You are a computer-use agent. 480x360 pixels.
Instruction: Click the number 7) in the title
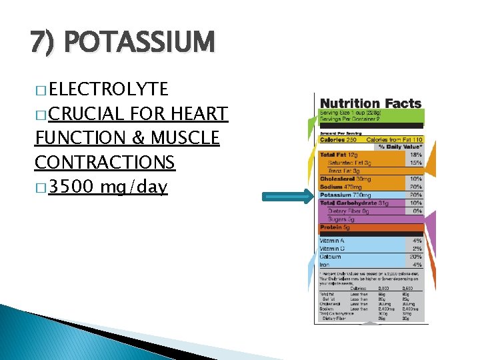coord(44,42)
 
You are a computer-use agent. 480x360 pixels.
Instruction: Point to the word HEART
coord(200,114)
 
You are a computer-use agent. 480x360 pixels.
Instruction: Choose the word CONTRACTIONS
coord(104,162)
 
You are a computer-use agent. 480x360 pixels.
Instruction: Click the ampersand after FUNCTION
coord(135,138)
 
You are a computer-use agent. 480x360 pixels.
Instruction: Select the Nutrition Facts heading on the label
coord(371,103)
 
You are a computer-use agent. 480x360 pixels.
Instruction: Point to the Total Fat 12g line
coord(341,155)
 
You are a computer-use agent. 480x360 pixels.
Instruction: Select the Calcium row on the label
coord(331,257)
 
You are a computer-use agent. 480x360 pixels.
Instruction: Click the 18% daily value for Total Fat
coord(415,155)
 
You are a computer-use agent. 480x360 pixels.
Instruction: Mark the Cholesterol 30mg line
coord(346,179)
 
